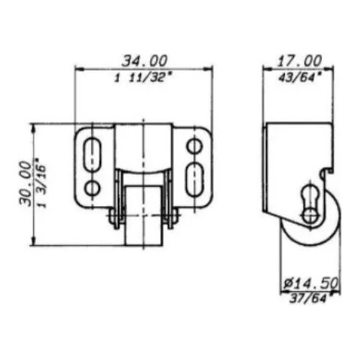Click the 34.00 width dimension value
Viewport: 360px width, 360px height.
pyautogui.click(x=145, y=61)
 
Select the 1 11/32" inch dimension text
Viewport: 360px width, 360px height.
pyautogui.click(x=143, y=77)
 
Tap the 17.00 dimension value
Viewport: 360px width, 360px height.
pyautogui.click(x=299, y=61)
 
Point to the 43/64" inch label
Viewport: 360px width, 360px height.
pyautogui.click(x=299, y=77)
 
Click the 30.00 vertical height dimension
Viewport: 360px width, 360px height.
pyautogui.click(x=25, y=183)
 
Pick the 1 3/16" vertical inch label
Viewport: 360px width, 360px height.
pyautogui.click(x=41, y=184)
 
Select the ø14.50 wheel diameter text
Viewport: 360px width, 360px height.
pyautogui.click(x=311, y=283)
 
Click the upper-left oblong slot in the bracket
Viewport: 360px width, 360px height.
pyautogui.click(x=92, y=154)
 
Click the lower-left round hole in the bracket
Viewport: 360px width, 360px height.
pyautogui.click(x=92, y=188)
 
